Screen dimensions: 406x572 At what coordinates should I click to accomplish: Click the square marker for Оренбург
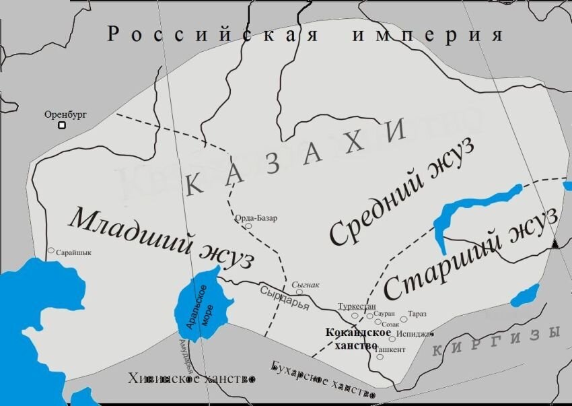61,125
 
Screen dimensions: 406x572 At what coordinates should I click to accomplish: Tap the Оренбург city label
66,114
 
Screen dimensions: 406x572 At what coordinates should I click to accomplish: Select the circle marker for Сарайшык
50,250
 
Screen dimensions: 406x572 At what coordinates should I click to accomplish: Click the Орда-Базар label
255,218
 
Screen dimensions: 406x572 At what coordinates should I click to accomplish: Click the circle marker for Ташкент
380,357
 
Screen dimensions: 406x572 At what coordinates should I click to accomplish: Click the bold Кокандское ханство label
358,338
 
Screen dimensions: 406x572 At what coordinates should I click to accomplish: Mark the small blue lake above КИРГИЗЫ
526,294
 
